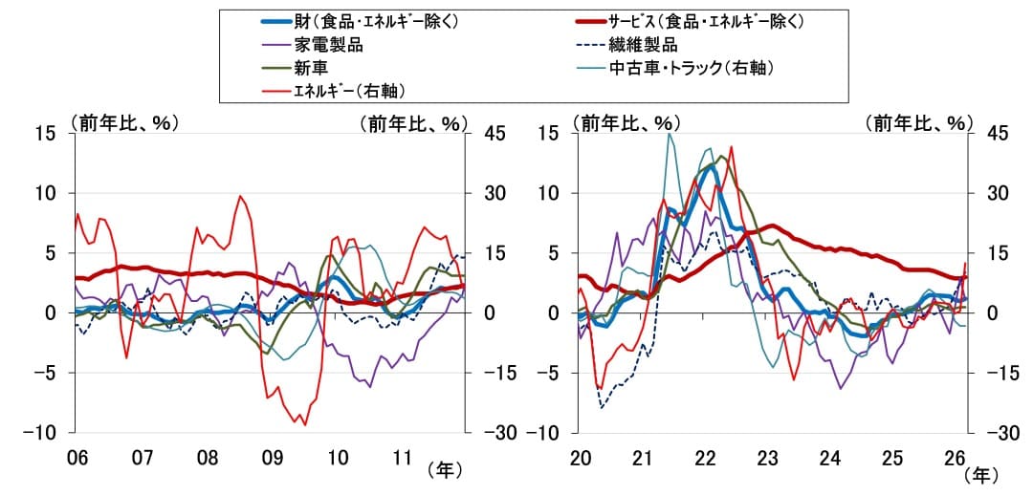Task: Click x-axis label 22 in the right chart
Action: click(705, 458)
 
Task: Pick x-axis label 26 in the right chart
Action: click(955, 458)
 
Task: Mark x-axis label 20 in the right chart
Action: click(580, 458)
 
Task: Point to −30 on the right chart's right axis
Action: click(990, 433)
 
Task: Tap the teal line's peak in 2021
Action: click(669, 134)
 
